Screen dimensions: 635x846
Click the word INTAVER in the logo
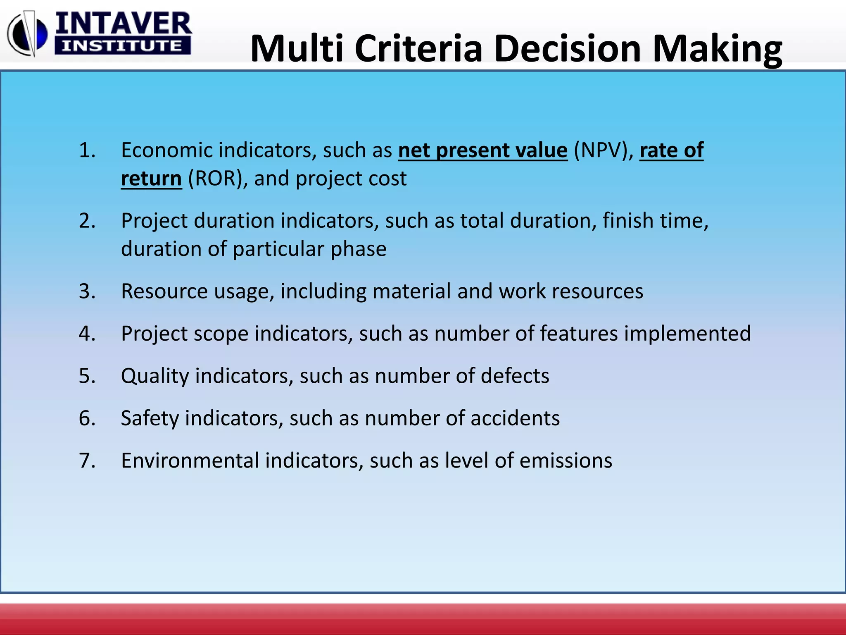(123, 24)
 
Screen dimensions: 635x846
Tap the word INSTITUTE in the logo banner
(122, 46)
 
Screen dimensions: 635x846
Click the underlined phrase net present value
(482, 150)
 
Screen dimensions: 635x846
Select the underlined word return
(151, 179)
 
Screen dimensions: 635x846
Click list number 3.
(87, 291)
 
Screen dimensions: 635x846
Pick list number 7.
(87, 461)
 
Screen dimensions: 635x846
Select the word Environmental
(190, 461)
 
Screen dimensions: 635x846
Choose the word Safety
(150, 418)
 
